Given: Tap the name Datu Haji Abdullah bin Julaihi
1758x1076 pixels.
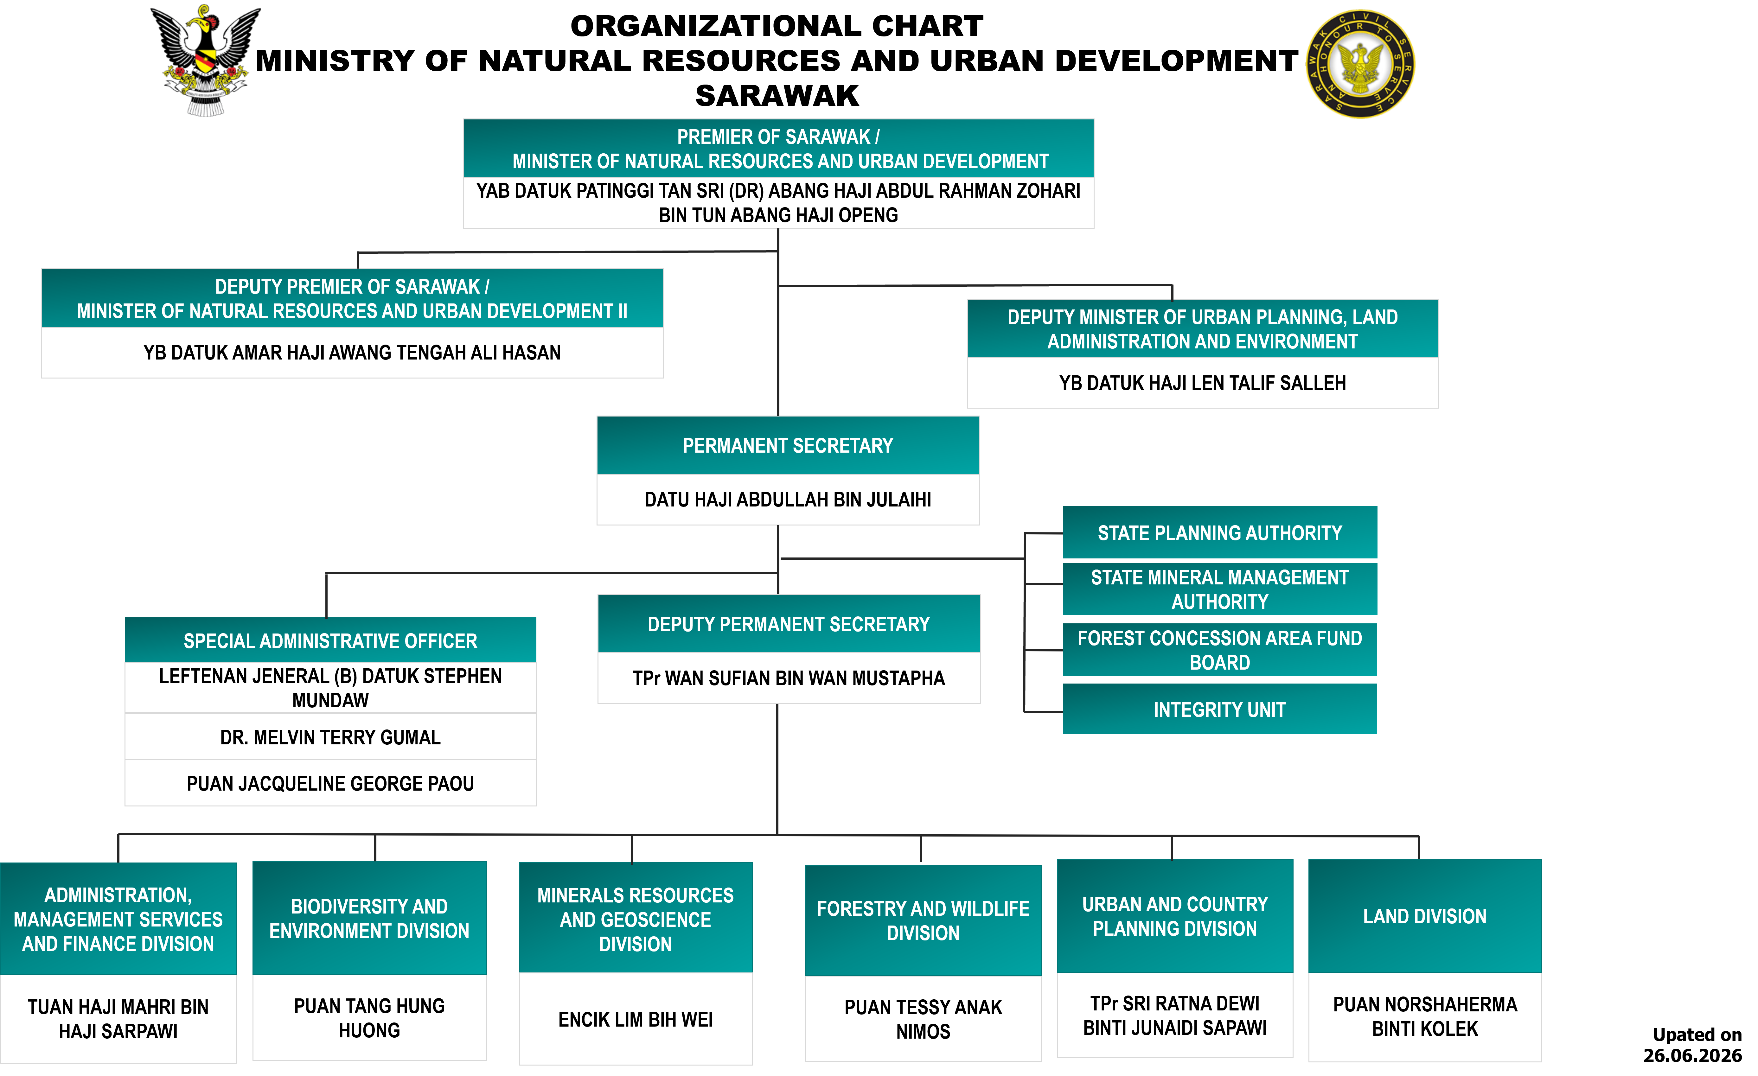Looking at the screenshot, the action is (x=788, y=500).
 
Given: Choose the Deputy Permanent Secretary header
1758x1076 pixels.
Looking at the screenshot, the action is (x=788, y=624).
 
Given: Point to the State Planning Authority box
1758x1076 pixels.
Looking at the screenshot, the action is (x=1219, y=533).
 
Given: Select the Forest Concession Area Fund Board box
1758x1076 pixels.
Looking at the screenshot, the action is (x=1219, y=650).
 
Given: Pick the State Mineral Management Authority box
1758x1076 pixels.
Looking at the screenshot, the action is (x=1219, y=589).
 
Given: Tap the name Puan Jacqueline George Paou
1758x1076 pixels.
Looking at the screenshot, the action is (x=330, y=783).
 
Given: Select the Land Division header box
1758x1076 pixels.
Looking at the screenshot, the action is (x=1425, y=916).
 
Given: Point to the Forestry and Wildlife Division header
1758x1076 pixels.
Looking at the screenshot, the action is (x=923, y=920).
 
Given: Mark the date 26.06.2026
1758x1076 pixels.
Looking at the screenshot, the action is (x=1692, y=1055).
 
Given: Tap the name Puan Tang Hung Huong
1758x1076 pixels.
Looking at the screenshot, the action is (x=370, y=1018).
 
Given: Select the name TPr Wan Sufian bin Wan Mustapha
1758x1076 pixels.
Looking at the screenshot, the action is (x=788, y=678).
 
